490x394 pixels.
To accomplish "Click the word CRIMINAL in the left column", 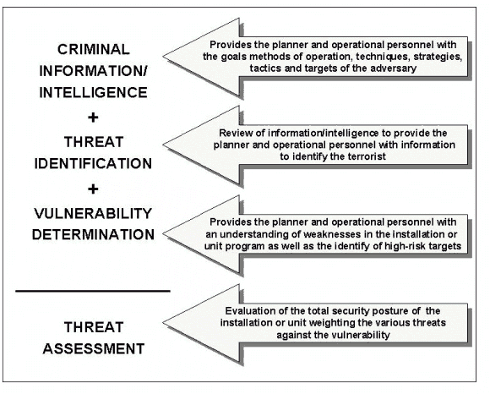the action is pos(94,49).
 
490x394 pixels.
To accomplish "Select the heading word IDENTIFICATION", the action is pos(93,163).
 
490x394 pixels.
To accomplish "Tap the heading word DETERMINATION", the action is pos(93,234).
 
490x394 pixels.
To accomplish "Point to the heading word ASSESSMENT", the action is pos(94,348).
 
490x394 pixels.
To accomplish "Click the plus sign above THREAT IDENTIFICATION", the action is pos(93,118).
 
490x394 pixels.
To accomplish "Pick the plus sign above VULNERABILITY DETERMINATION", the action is pos(93,189).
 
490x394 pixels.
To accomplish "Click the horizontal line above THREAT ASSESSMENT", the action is pos(93,291).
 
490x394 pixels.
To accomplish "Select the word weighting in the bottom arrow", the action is pos(337,323).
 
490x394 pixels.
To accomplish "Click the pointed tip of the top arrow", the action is pos(163,57).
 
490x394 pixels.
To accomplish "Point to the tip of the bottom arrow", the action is pos(163,323).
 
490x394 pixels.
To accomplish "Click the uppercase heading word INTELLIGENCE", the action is pos(93,92).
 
